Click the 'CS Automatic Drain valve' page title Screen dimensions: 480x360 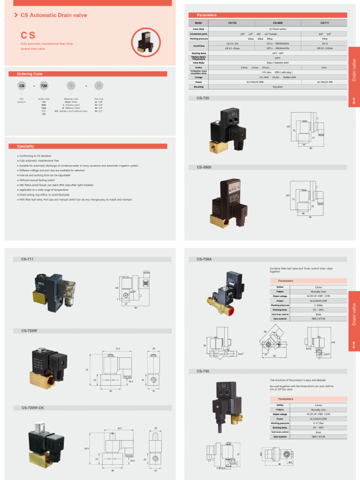[53, 15]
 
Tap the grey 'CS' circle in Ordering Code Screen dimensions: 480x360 [22, 86]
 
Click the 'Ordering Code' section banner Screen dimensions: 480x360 [30, 74]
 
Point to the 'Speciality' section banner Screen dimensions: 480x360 [25, 146]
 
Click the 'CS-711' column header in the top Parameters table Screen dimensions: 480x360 [324, 23]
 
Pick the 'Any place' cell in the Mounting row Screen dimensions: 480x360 [277, 87]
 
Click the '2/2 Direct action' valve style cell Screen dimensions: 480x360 [277, 29]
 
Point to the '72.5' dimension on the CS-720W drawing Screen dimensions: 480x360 [118, 349]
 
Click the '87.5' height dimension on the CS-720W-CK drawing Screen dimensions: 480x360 [86, 449]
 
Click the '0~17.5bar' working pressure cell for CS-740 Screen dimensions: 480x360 [318, 423]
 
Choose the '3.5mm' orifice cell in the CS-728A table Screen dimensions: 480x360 [318, 287]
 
